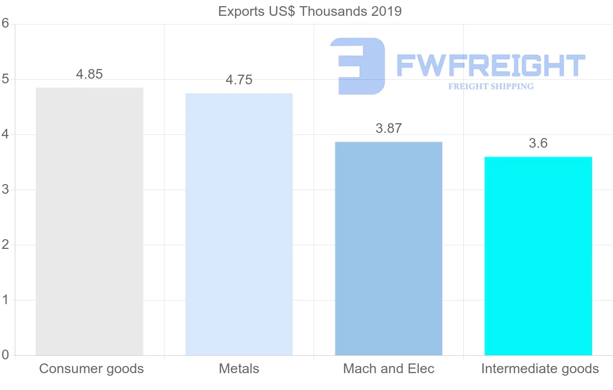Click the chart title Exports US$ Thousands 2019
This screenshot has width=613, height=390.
pyautogui.click(x=310, y=11)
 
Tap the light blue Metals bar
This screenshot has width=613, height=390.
pyautogui.click(x=239, y=224)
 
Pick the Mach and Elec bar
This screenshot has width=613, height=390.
pyautogui.click(x=388, y=248)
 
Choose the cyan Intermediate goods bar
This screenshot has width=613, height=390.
pyautogui.click(x=538, y=256)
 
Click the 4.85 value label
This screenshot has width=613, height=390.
pyautogui.click(x=89, y=74)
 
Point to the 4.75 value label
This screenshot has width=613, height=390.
pyautogui.click(x=239, y=80)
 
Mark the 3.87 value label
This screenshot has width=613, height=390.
pyautogui.click(x=388, y=128)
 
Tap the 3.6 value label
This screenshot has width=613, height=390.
pyautogui.click(x=538, y=144)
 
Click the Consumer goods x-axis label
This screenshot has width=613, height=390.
pyautogui.click(x=91, y=369)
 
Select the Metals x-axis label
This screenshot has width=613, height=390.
pyautogui.click(x=239, y=369)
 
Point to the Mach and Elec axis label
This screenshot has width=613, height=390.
pyautogui.click(x=388, y=369)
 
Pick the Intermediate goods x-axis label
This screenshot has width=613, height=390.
pyautogui.click(x=539, y=369)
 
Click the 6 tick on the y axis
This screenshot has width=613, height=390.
pyautogui.click(x=6, y=24)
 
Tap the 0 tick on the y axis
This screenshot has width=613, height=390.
pyautogui.click(x=6, y=355)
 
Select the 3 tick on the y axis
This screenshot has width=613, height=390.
pyautogui.click(x=6, y=190)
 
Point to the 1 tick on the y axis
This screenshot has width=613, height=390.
pyautogui.click(x=6, y=300)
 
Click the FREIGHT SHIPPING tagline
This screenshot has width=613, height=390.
pyautogui.click(x=491, y=86)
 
